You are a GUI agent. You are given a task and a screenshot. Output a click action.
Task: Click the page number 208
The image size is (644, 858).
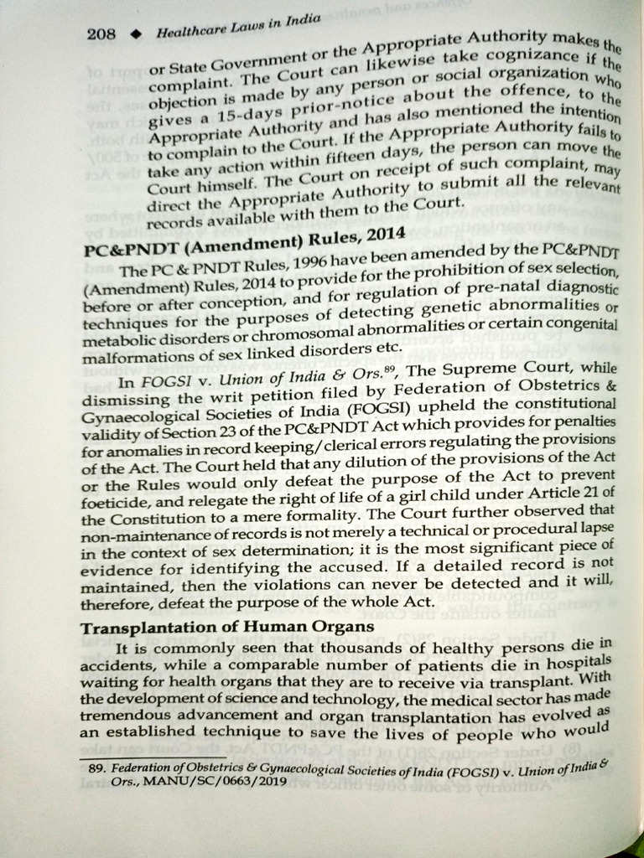pyautogui.click(x=101, y=34)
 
